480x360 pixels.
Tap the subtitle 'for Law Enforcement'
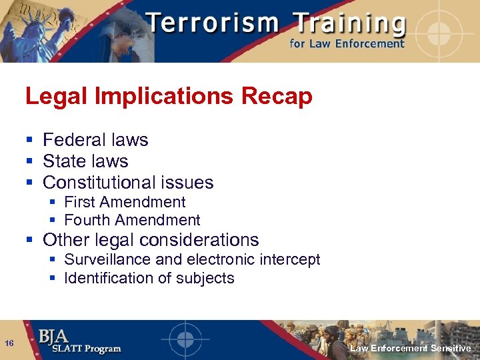coord(347,44)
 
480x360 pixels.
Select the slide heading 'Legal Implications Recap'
coord(169,97)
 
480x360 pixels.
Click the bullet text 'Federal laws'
coord(95,140)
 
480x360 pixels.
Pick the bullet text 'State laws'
coord(85,161)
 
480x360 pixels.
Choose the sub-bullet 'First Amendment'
coord(125,202)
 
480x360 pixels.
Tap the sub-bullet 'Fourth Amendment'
coord(132,220)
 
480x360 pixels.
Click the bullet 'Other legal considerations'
coord(151,240)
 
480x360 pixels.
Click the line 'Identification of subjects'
coord(149,278)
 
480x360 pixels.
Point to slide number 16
coord(9,343)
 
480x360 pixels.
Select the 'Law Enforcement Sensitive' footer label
coord(410,349)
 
